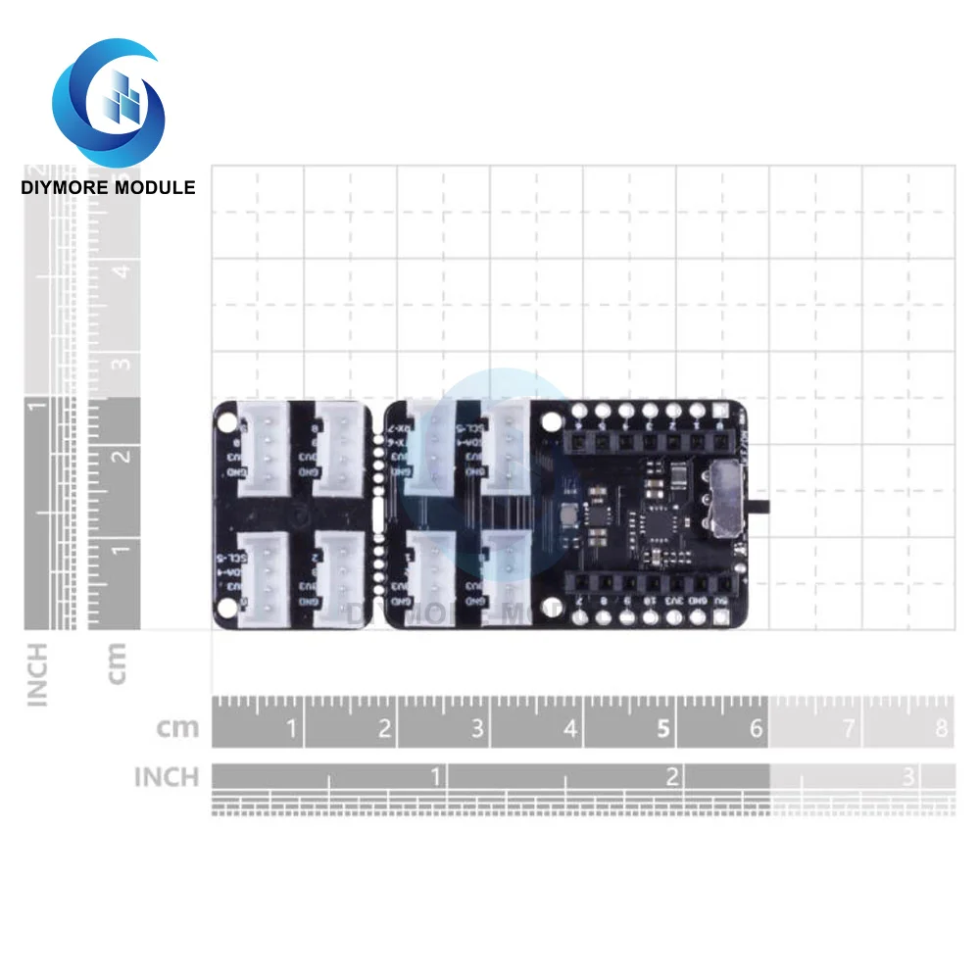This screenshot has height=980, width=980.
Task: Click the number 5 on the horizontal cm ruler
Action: [x=664, y=728]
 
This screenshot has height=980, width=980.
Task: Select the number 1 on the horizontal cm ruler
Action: [x=291, y=728]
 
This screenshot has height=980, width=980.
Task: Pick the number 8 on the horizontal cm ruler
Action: [x=942, y=728]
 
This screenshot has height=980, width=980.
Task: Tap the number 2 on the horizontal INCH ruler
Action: [x=673, y=777]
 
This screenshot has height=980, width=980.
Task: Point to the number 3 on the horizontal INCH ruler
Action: [x=908, y=777]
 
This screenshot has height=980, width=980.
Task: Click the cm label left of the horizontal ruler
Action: [x=177, y=728]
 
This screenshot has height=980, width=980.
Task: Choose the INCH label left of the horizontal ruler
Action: [x=167, y=777]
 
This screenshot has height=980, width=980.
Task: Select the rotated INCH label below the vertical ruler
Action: [x=37, y=674]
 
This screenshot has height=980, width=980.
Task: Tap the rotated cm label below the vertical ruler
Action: [x=116, y=663]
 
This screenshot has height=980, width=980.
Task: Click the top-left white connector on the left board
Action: [x=265, y=448]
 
